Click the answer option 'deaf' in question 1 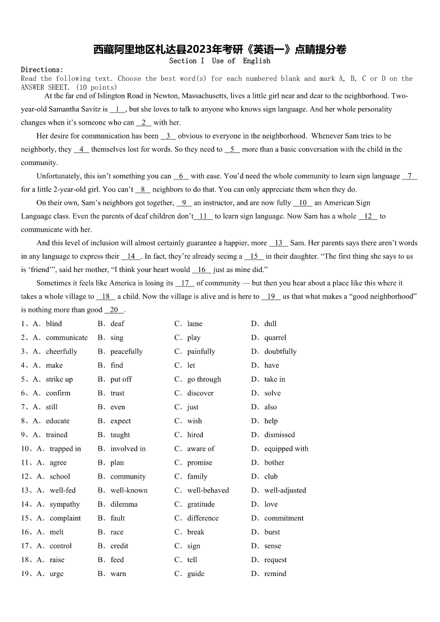[117, 323]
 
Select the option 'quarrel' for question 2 [275, 337]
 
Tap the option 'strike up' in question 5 [59, 379]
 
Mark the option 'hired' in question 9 [195, 435]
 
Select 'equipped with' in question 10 [286, 449]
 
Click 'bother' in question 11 [274, 462]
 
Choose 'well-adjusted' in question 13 [285, 490]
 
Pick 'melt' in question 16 [57, 532]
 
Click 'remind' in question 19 [275, 573]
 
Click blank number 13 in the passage [278, 243]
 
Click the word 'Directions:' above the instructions [42, 70]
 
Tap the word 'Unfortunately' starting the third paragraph [59, 176]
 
